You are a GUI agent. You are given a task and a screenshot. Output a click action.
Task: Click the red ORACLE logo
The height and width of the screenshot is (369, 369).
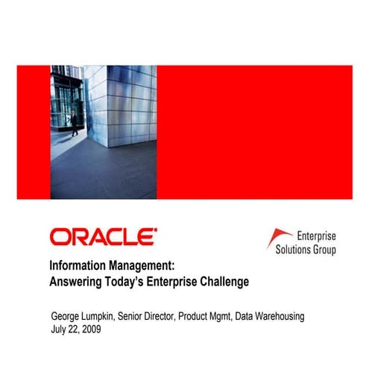click(103, 237)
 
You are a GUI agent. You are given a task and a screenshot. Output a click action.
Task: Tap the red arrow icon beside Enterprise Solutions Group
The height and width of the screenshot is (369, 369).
click(277, 238)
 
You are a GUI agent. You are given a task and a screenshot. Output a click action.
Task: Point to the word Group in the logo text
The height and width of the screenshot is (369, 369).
click(325, 250)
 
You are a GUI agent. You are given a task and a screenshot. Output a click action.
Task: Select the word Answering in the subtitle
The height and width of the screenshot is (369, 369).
click(78, 282)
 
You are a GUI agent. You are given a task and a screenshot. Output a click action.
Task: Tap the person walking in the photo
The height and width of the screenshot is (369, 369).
click(75, 124)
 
